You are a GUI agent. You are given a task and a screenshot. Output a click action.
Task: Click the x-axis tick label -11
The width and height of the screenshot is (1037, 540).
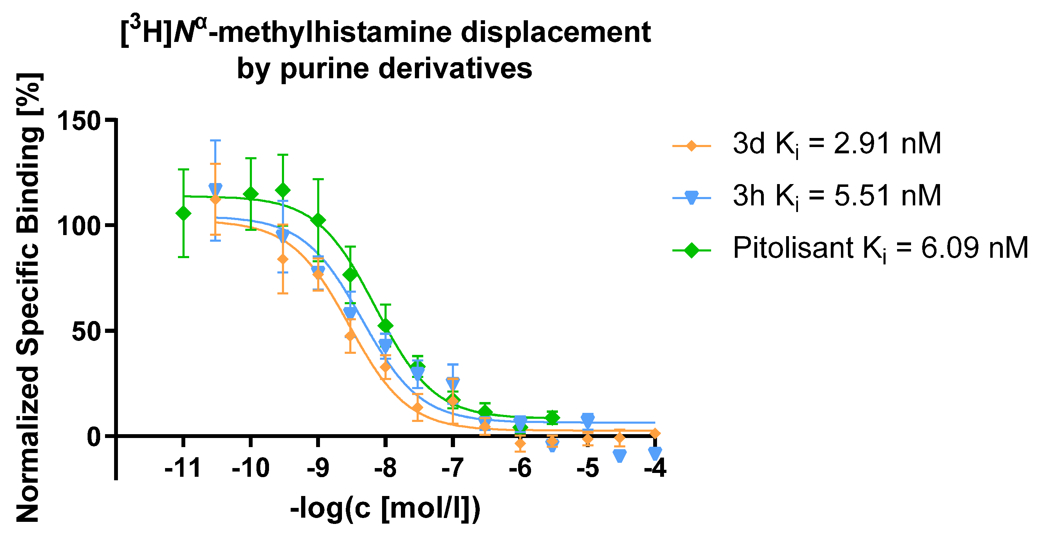pos(182,469)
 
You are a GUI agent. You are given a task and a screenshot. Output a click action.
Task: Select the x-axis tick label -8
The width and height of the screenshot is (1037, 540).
pos(385,469)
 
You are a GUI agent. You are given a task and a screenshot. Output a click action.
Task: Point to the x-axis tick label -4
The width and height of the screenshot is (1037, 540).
pos(655,469)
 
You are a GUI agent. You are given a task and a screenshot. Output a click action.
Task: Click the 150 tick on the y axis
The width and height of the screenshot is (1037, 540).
pos(79,121)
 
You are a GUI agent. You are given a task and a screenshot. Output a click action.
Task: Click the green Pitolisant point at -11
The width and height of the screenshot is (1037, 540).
pos(184,213)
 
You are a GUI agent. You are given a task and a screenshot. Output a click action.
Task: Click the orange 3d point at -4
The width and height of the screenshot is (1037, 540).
pos(655,433)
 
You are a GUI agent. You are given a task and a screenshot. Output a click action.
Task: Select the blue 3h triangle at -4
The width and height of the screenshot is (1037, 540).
pos(655,453)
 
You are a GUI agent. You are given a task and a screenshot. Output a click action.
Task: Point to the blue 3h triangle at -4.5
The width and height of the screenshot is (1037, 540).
pos(620,455)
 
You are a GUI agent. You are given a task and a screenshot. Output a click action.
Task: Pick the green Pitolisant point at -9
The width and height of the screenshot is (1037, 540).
pos(318,220)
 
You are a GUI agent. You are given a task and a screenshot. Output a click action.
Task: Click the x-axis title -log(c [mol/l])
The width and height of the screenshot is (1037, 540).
pos(385,509)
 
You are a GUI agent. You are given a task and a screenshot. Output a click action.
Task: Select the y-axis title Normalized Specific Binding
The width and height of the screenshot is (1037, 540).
pos(28,298)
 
